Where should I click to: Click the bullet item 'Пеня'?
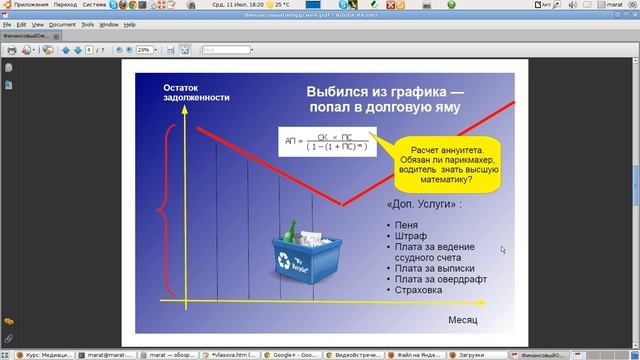tap(407, 224)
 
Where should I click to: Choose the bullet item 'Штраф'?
tap(411, 235)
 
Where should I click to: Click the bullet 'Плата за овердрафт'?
tap(440, 279)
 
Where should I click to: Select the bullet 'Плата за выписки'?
tap(435, 268)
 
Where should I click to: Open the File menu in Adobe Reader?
tap(7, 24)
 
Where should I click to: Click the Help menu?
tap(130, 24)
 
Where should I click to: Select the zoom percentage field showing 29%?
tap(144, 49)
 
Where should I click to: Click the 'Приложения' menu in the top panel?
tap(31, 5)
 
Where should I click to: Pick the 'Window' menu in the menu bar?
tap(109, 24)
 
